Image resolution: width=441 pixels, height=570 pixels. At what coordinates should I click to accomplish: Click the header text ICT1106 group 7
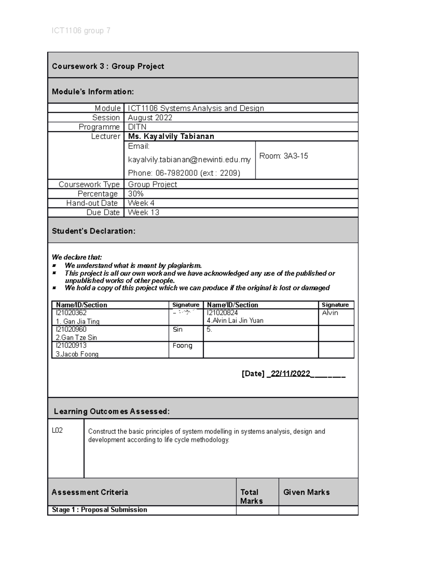pos(81,30)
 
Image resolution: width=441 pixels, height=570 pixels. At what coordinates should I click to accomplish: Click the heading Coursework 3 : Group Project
pos(108,66)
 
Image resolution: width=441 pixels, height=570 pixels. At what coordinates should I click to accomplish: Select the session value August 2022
pos(150,117)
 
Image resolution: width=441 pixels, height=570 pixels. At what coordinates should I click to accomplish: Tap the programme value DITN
pos(137,127)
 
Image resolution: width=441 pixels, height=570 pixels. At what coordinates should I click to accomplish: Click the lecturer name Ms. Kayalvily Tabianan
pos(171,137)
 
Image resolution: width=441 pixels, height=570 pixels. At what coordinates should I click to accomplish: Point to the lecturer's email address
pos(189,160)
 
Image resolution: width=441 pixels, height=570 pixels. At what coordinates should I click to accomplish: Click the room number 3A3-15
pos(295,156)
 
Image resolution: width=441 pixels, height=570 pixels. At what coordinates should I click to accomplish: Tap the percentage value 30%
pos(136,194)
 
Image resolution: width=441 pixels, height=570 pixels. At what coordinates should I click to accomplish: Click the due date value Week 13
pos(143,213)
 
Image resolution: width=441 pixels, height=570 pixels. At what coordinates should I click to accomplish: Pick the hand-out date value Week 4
pos(141,203)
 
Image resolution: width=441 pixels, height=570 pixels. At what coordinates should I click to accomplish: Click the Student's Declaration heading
pos(93,231)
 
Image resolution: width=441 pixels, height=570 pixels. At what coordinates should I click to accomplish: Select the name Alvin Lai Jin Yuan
pos(237,320)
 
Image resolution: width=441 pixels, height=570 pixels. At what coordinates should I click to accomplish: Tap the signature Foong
pos(182,346)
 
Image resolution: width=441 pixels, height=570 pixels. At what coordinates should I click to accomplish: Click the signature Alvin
pos(330,313)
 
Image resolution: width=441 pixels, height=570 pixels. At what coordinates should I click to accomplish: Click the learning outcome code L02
pos(57,431)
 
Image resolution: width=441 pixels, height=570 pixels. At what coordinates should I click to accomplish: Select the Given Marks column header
pos(306,492)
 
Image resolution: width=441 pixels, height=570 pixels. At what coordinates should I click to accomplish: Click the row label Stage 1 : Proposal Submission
pos(99,510)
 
